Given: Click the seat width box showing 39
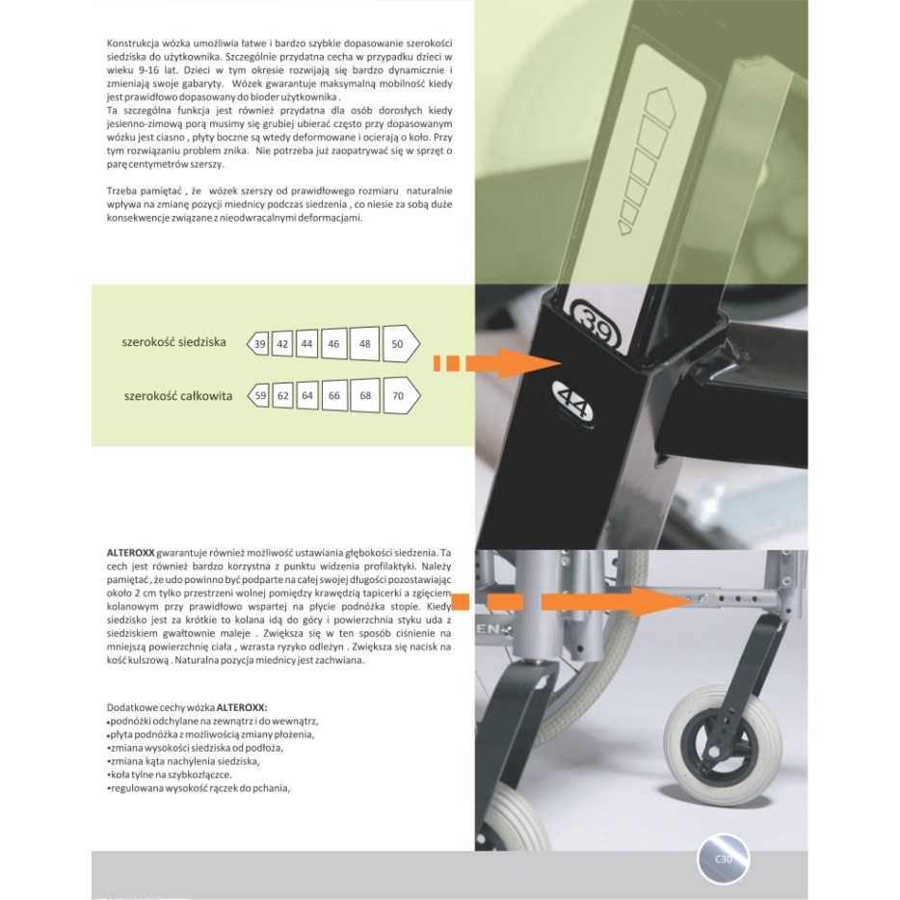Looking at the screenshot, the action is click(x=258, y=344).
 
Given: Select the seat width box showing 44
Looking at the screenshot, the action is click(x=306, y=344).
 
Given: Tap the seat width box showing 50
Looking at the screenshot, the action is click(x=401, y=343).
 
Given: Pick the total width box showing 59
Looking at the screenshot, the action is click(x=258, y=395).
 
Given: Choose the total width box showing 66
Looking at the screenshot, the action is click(x=334, y=395).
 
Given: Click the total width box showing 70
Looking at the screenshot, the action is click(x=401, y=395).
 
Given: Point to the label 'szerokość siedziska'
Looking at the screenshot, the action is click(x=173, y=343).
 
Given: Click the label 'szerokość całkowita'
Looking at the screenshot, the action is click(x=178, y=396).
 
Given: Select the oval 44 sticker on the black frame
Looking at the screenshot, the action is click(x=572, y=404).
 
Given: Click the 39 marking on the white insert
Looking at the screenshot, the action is click(x=596, y=325).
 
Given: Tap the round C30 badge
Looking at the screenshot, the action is click(x=724, y=860).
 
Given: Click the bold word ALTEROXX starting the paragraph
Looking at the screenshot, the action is click(x=130, y=553).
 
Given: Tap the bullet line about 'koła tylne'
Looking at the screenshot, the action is click(x=170, y=775).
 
